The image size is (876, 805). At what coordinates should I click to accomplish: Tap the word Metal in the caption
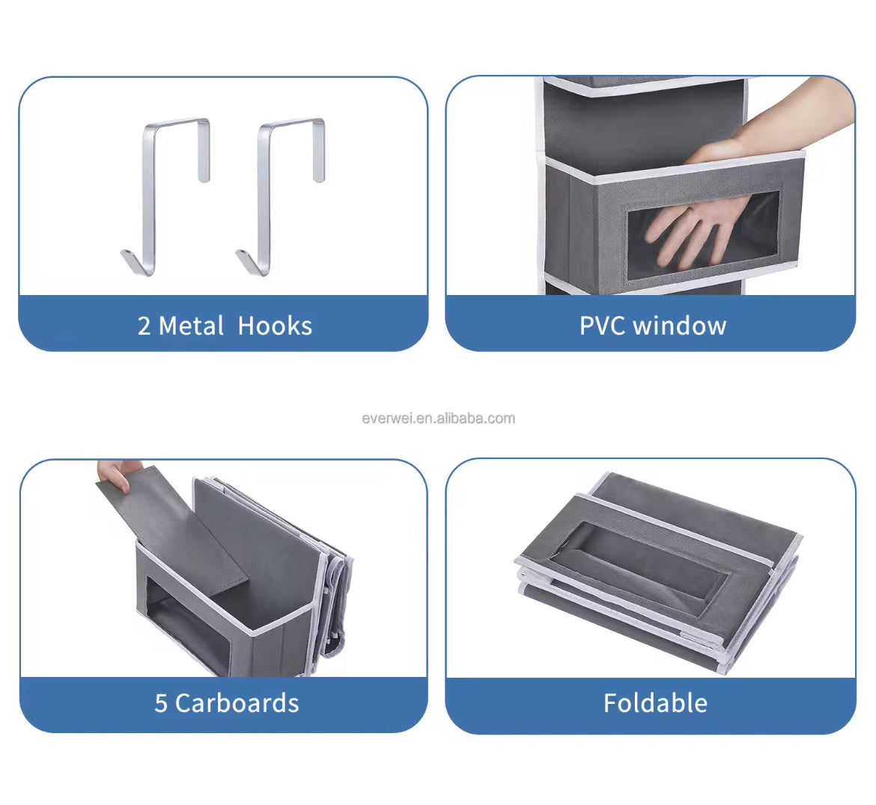(x=191, y=326)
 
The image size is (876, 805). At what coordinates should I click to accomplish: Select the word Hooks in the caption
(x=275, y=326)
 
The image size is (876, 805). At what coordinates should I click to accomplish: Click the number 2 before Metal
(x=144, y=326)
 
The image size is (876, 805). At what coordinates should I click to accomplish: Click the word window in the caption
(x=680, y=326)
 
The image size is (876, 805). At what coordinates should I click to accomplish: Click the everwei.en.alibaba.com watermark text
(x=439, y=419)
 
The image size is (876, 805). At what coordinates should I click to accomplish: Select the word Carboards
(x=237, y=702)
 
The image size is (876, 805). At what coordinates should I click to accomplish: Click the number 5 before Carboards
(x=161, y=703)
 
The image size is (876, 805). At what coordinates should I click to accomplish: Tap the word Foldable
(x=655, y=702)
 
